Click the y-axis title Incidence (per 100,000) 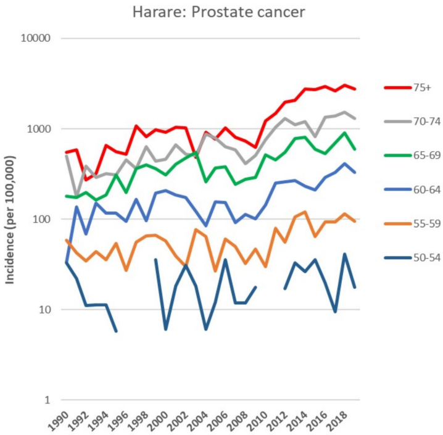pyautogui.click(x=11, y=219)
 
